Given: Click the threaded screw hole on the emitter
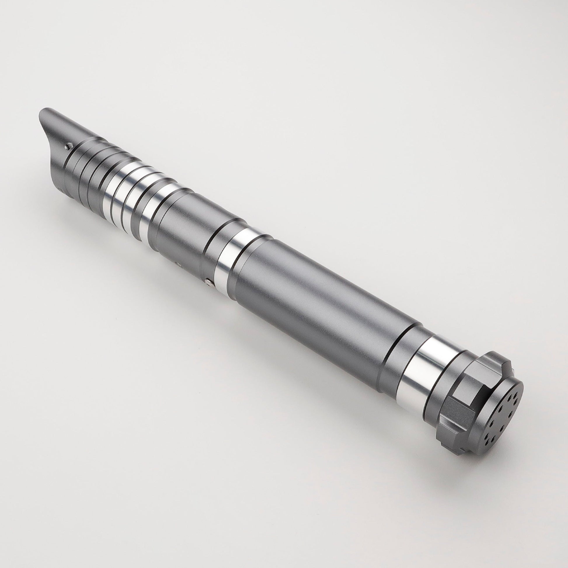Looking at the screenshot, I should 69,144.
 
